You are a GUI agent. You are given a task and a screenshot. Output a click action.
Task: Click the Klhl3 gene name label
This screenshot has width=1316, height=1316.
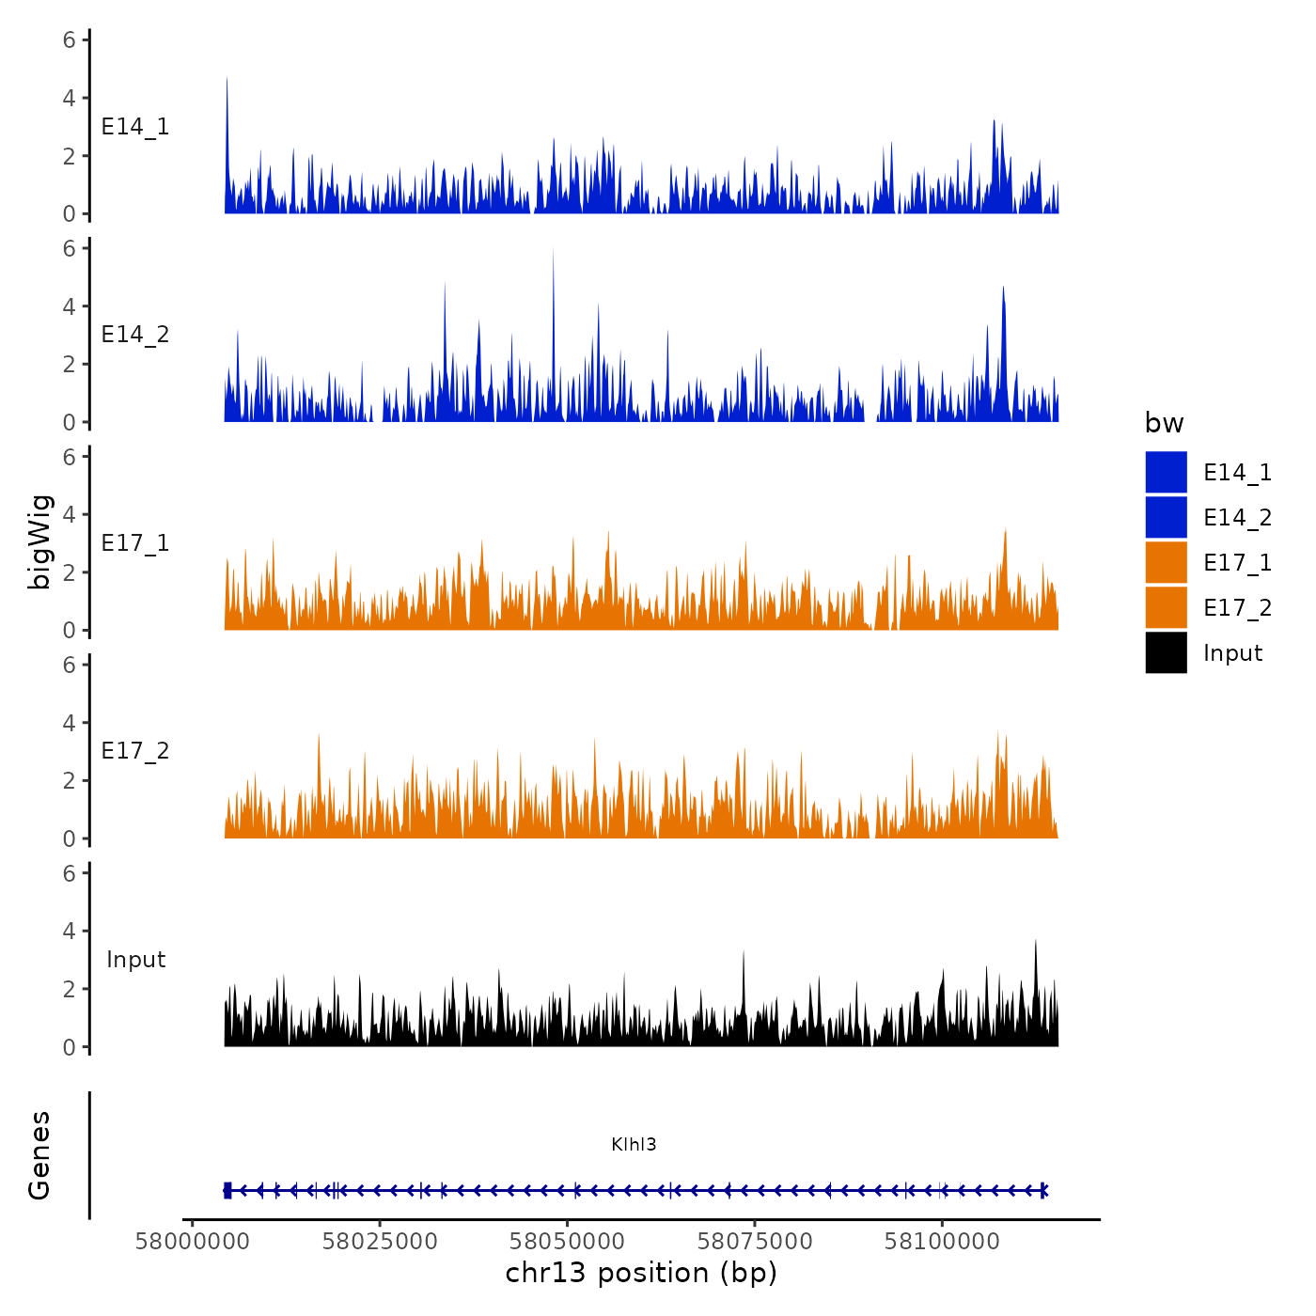(x=634, y=1144)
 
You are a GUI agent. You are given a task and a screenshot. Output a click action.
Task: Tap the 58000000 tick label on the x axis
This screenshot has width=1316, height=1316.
(x=193, y=1242)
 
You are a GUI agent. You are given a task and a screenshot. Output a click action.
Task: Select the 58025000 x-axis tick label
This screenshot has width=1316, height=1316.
(x=380, y=1242)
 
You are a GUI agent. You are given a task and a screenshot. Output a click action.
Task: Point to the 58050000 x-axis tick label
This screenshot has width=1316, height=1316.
(x=567, y=1242)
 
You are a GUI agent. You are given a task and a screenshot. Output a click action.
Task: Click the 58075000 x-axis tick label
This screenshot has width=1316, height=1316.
(x=755, y=1242)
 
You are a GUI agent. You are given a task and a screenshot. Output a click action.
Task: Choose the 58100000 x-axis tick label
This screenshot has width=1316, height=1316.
(x=942, y=1242)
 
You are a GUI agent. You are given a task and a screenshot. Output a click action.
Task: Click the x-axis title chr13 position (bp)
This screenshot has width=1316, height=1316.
(x=641, y=1273)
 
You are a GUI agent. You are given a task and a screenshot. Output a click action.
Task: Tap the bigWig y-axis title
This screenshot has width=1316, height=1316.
(x=39, y=542)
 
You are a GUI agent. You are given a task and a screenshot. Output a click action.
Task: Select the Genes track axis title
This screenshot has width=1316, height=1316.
(x=39, y=1155)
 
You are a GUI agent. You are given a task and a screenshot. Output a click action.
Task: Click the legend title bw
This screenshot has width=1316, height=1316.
(x=1164, y=423)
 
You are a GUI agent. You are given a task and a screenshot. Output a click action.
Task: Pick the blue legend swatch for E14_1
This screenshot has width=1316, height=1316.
(x=1166, y=472)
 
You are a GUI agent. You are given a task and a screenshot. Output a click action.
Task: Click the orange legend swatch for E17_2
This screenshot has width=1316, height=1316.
(x=1166, y=607)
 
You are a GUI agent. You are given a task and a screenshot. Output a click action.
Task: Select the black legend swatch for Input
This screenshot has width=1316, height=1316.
(x=1166, y=652)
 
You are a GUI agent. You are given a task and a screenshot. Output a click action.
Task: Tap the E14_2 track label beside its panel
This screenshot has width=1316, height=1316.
(x=135, y=335)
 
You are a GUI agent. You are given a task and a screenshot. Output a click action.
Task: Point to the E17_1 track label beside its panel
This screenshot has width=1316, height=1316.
(x=135, y=543)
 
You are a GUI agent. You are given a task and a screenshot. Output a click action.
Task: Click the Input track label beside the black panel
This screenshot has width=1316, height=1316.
(x=135, y=960)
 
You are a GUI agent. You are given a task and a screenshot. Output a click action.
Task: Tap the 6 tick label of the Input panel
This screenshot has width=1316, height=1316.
(x=69, y=873)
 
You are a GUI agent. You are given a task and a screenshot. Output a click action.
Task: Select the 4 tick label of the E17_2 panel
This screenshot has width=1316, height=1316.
(x=69, y=723)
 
